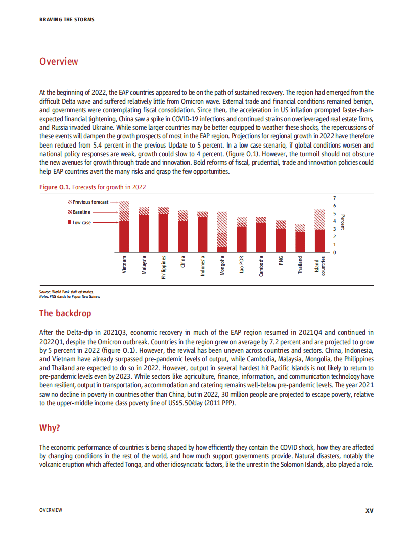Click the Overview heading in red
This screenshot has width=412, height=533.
point(59,62)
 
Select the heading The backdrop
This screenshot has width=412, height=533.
point(65,313)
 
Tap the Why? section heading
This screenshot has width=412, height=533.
point(50,428)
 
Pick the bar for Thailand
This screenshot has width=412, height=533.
point(300,238)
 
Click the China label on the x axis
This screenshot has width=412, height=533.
point(183,262)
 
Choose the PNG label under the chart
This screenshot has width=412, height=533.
point(281,260)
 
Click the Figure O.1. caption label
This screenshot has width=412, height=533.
point(55,187)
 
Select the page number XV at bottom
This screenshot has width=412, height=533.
point(369,510)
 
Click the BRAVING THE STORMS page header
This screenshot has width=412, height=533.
point(67,20)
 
